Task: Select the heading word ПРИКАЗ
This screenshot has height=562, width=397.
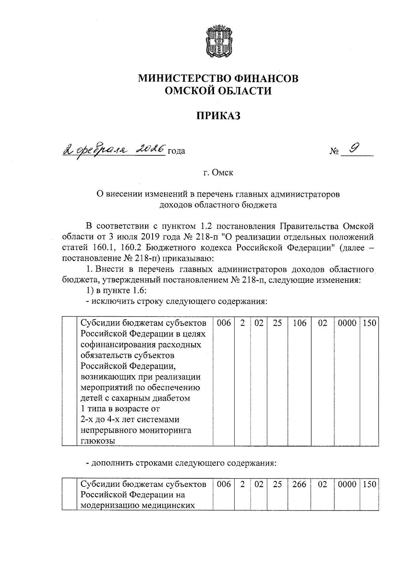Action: (x=218, y=116)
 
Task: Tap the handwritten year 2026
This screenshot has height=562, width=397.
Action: (x=151, y=150)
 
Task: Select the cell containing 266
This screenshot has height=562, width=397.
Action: (x=300, y=485)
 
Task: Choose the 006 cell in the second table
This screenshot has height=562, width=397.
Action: (x=224, y=485)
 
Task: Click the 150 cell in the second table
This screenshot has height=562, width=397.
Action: (x=369, y=485)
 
